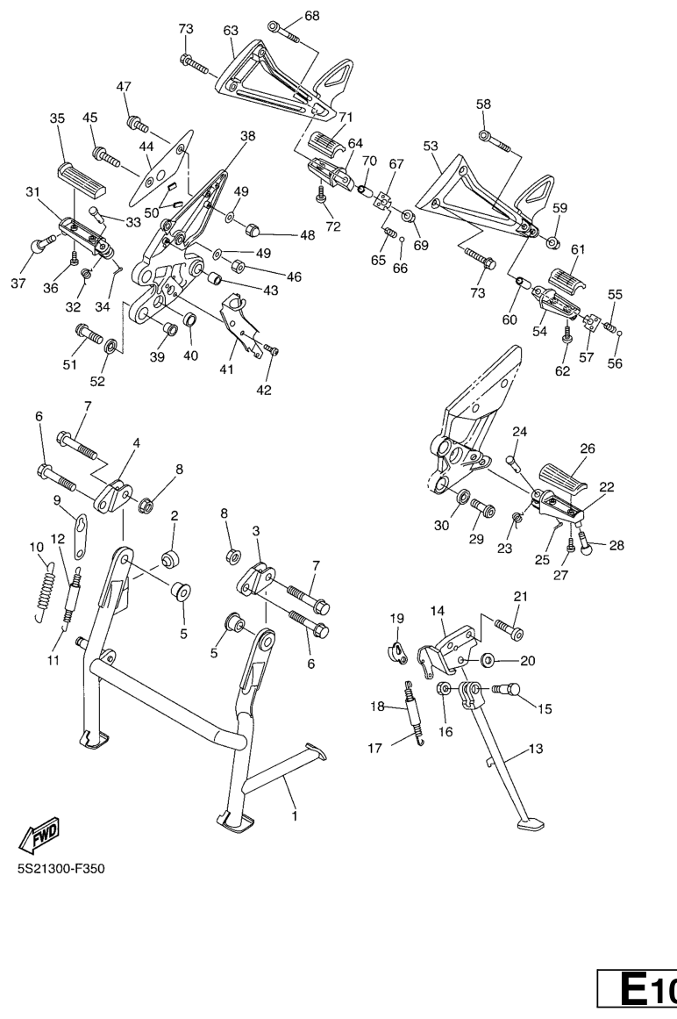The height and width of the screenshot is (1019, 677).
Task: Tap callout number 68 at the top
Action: (x=311, y=16)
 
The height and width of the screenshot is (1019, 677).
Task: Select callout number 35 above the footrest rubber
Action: (x=57, y=118)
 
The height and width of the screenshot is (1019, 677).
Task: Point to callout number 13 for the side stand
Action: (x=536, y=749)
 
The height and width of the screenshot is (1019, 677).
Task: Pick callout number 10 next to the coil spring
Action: (x=37, y=547)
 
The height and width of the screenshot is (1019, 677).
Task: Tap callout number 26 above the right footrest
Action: (x=587, y=449)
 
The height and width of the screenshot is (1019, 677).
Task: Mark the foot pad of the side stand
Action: (x=531, y=824)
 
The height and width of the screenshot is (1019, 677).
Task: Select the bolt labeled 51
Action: (x=89, y=334)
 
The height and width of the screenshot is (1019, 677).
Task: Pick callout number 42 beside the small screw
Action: (x=264, y=390)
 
